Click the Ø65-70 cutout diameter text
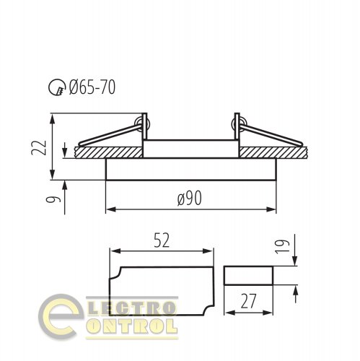[92, 87]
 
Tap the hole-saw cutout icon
[57, 87]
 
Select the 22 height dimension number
[39, 147]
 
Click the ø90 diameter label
[190, 199]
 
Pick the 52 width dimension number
[162, 240]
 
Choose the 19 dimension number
[282, 246]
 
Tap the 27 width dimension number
[248, 301]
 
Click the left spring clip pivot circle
[142, 123]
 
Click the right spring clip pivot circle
[240, 124]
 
